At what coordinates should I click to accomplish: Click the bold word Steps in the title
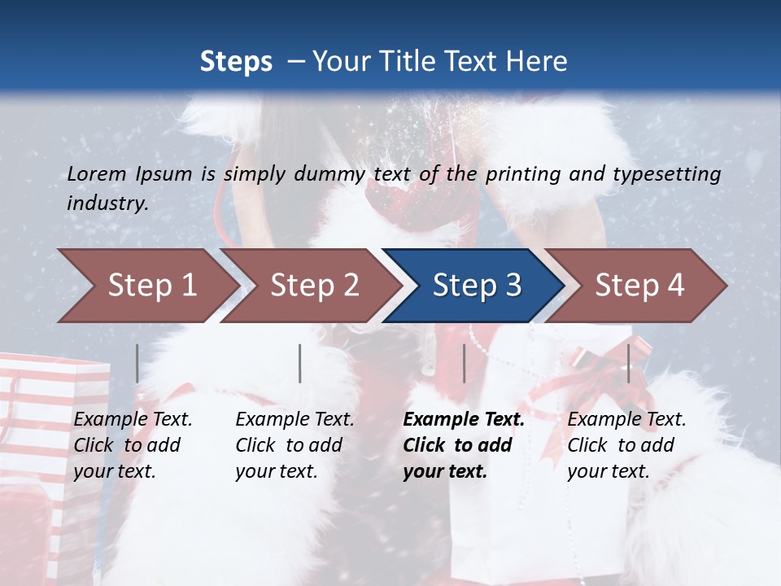[x=236, y=62]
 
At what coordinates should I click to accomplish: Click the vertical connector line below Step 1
[x=137, y=363]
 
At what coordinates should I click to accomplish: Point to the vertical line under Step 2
[x=300, y=363]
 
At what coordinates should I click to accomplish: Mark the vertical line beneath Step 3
[x=464, y=363]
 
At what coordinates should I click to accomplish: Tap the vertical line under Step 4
[x=628, y=363]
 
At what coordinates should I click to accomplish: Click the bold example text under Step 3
[x=463, y=445]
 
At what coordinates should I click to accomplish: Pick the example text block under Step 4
[x=626, y=445]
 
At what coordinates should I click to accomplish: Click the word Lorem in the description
[x=97, y=173]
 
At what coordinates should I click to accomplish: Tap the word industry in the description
[x=106, y=203]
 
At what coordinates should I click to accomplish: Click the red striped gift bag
[x=49, y=456]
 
